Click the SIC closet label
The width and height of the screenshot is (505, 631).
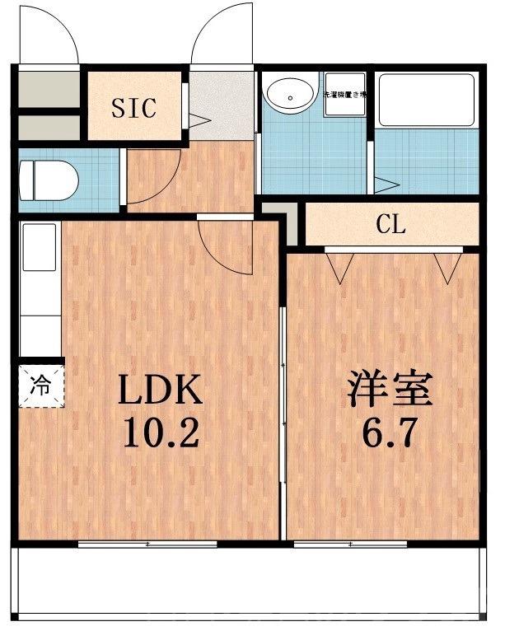pos(133,108)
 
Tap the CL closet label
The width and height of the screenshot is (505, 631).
pos(390,223)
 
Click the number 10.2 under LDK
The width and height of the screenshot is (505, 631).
pos(160,432)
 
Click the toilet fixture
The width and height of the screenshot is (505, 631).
pos(49,176)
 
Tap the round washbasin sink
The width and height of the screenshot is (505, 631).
pos(289,94)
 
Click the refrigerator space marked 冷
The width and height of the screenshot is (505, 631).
pos(40,383)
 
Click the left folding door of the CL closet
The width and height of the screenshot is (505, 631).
pos(338,265)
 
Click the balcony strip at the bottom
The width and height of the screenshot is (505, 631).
pos(247,585)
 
